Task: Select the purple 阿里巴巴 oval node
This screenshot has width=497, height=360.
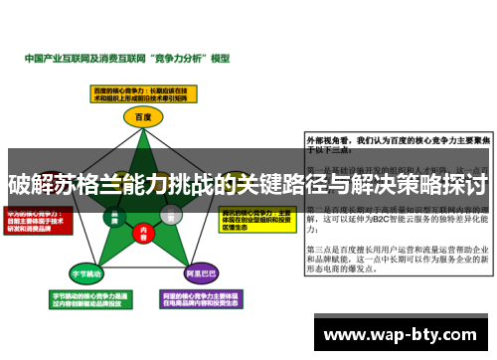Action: coord(202,271)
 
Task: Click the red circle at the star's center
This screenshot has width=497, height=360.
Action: coord(142,232)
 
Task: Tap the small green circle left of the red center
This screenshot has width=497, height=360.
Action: coord(115,215)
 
